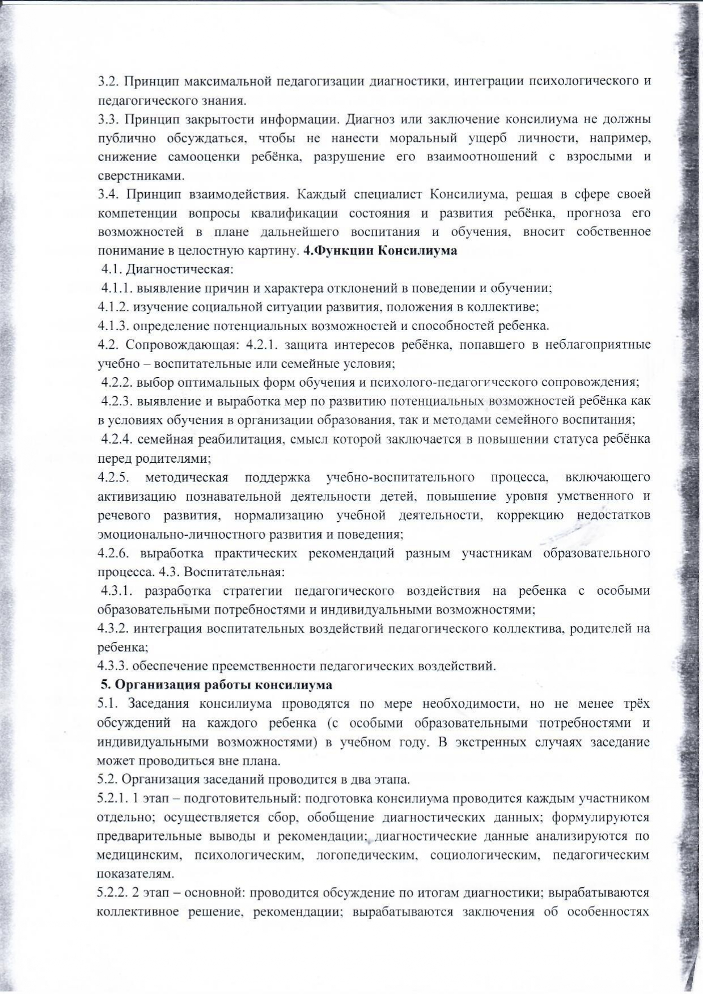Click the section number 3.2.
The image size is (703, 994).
(107, 81)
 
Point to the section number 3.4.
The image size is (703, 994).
(107, 194)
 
